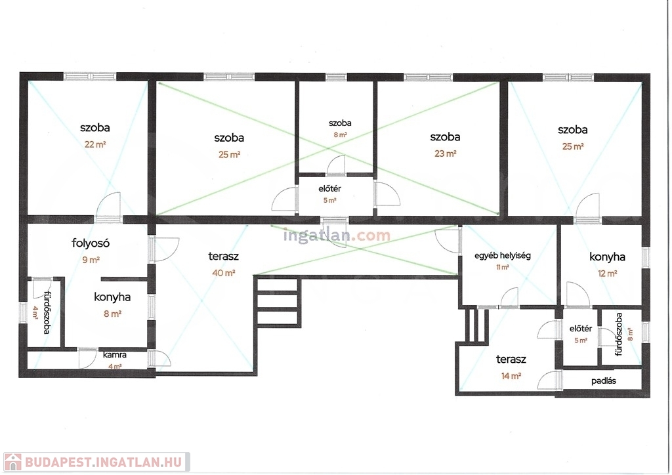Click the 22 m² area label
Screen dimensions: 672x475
coord(95,144)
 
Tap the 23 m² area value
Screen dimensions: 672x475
coord(446,154)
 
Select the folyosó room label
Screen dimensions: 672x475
coord(91,243)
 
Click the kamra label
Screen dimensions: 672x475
coord(114,355)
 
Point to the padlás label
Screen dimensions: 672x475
coord(604,381)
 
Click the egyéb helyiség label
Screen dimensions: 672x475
coord(502,256)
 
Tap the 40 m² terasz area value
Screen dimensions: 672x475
coord(223,273)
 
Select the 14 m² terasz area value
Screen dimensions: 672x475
coord(511,376)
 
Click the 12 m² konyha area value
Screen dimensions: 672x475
coord(607,274)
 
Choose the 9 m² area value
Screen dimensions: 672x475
coord(91,260)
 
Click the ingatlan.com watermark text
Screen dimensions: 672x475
coord(337,235)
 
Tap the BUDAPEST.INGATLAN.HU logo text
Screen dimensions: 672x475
coord(103,462)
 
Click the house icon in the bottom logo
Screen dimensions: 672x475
coord(12,462)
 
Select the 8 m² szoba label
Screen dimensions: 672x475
coord(340,123)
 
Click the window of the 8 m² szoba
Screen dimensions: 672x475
coord(336,77)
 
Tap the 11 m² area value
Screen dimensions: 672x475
coord(502,267)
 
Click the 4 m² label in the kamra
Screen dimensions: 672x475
coord(114,366)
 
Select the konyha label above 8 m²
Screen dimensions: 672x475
coord(112,297)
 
